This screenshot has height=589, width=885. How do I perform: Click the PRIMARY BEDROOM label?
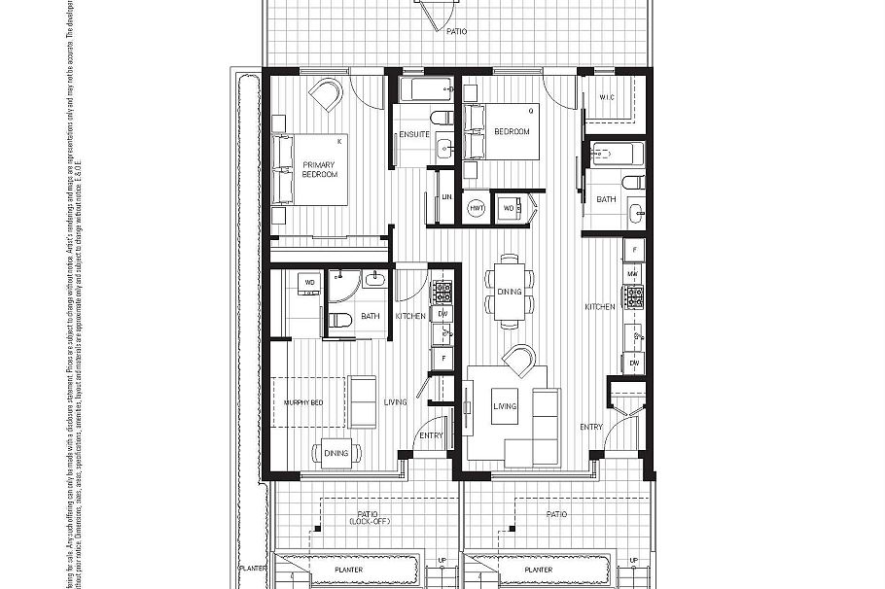(320, 169)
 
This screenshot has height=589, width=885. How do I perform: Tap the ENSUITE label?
(413, 133)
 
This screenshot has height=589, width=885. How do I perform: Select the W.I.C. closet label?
(607, 97)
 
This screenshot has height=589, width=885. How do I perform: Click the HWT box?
(477, 208)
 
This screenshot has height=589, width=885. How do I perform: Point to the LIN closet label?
(446, 197)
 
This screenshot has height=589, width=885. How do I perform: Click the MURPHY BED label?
(303, 402)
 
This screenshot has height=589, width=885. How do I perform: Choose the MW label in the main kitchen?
(632, 274)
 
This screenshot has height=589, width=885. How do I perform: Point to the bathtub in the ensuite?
(425, 91)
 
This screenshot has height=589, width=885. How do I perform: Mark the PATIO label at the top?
(456, 31)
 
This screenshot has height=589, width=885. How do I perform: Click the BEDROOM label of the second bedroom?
(512, 131)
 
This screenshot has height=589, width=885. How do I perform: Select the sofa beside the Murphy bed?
(363, 401)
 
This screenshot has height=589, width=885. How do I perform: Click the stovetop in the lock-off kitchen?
(442, 291)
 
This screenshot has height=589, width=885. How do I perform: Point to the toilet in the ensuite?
(441, 119)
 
